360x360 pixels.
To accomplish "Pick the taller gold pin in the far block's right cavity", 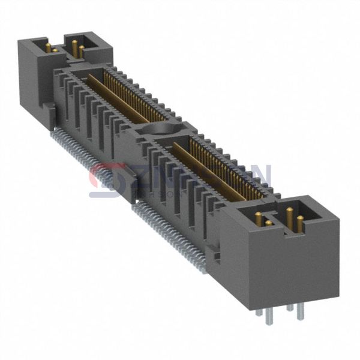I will coord(74,47).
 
